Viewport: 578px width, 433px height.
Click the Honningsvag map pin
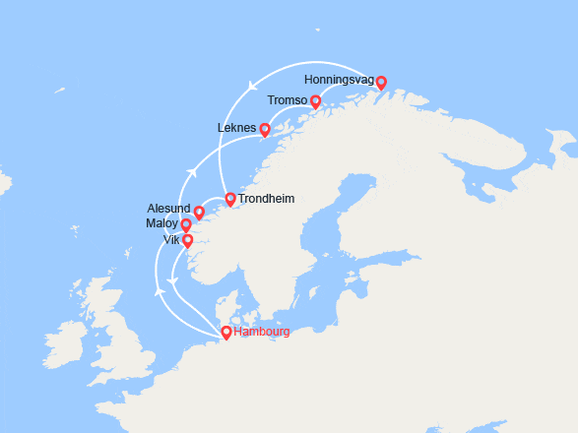[381, 83]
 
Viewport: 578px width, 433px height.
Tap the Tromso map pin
[315, 100]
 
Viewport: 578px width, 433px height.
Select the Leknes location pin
[264, 129]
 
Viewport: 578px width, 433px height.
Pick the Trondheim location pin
[230, 199]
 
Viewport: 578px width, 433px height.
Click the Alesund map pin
[199, 212]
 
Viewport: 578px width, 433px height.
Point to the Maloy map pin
[186, 225]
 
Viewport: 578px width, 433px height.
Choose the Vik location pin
[188, 239]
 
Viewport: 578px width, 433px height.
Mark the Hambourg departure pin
[226, 332]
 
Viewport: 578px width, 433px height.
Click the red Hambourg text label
[262, 333]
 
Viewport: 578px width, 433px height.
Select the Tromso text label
[287, 100]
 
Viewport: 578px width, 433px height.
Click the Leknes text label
[236, 128]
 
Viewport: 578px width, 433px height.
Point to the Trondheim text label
[266, 199]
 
